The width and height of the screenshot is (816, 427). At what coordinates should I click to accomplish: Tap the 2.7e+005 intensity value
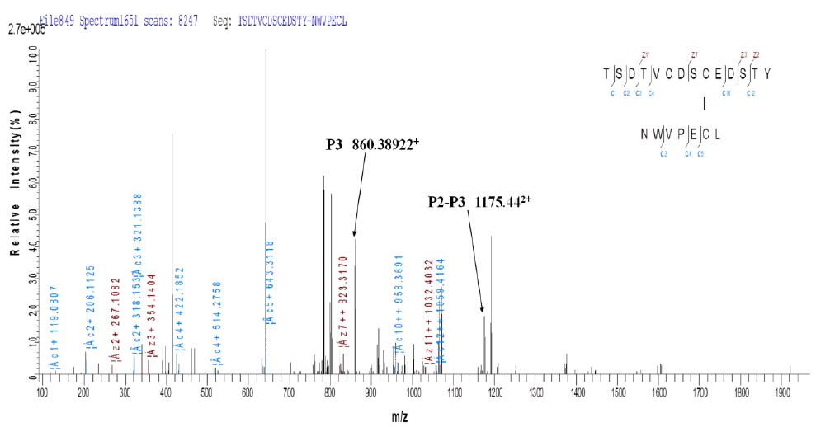pyautogui.click(x=24, y=29)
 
